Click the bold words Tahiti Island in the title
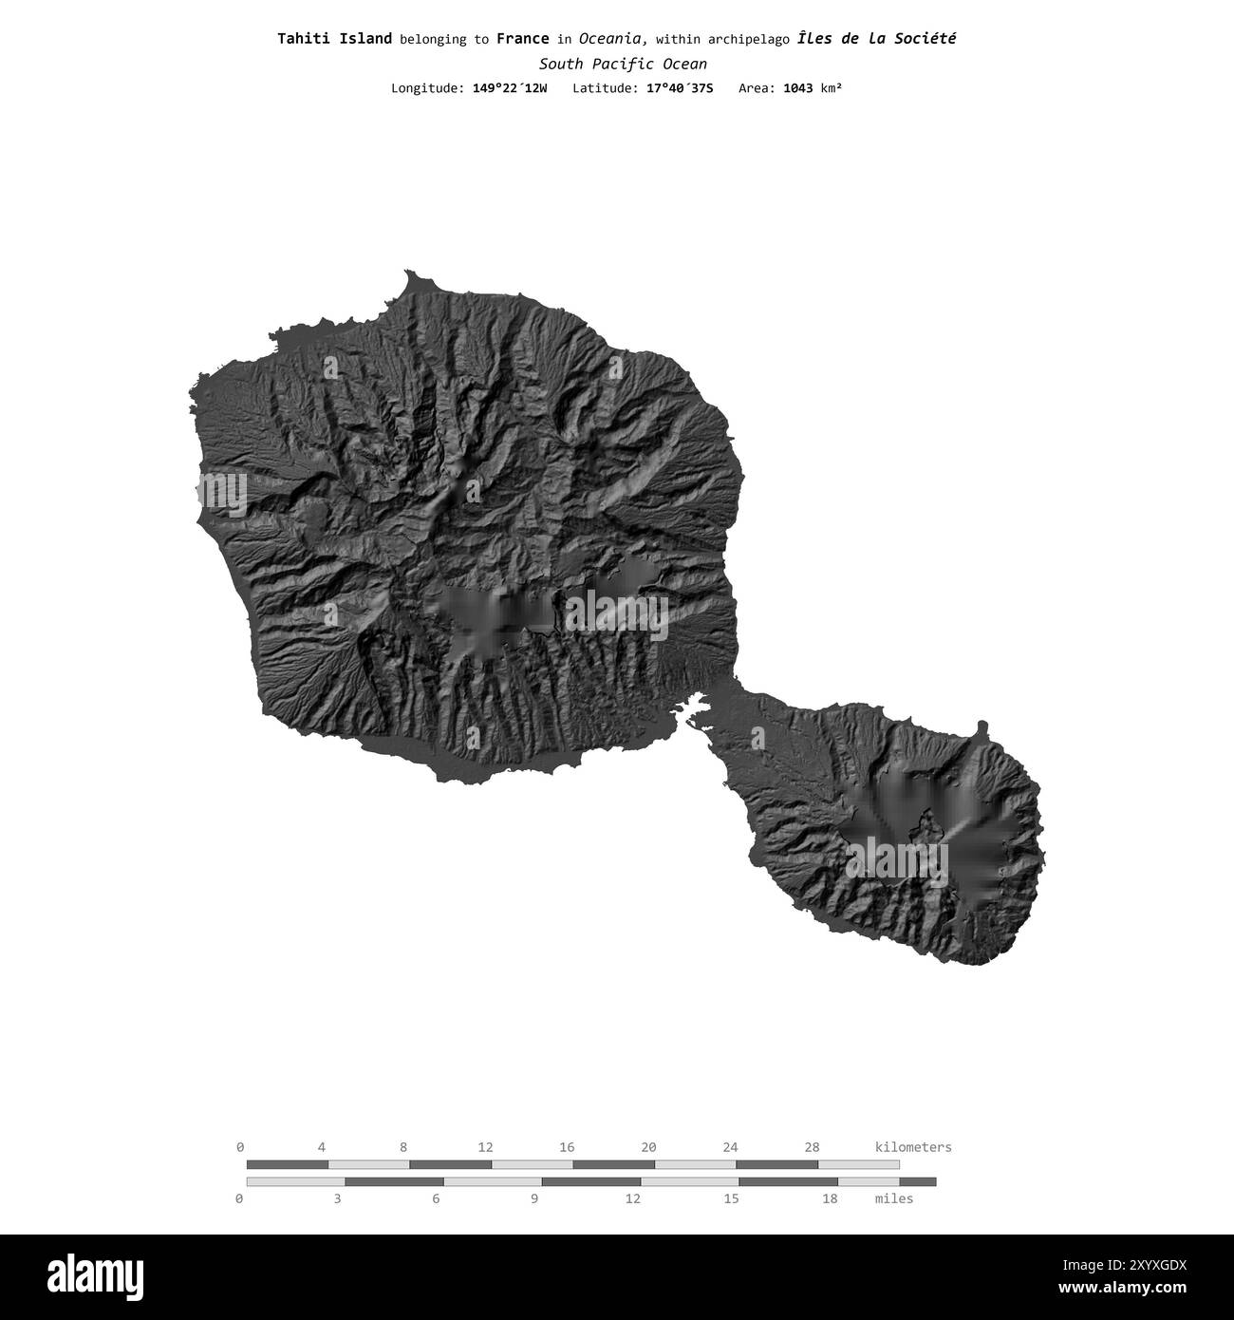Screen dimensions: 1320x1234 [x=334, y=39]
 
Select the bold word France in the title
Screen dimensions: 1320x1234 [x=522, y=39]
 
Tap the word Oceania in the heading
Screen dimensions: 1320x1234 [x=613, y=39]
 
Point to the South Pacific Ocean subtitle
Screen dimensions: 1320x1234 [x=623, y=65]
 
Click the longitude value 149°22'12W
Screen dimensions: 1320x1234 [x=509, y=88]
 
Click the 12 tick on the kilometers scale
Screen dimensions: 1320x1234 [x=485, y=1147]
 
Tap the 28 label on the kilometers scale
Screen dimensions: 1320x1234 [x=812, y=1147]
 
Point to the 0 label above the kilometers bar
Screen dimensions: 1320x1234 [x=240, y=1147]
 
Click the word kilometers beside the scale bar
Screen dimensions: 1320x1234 [x=912, y=1147]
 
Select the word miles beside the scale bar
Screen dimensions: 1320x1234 [x=893, y=1198]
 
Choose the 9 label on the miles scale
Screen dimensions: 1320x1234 [x=534, y=1198]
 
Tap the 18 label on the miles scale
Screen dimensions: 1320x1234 [x=830, y=1198]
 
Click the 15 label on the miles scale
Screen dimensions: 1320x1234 [x=731, y=1198]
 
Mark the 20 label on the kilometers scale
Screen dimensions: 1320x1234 [x=648, y=1147]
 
